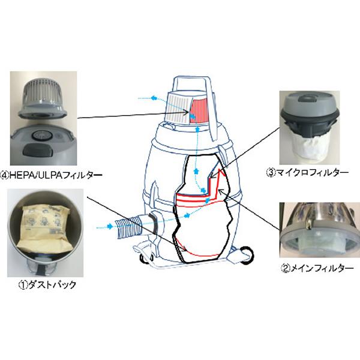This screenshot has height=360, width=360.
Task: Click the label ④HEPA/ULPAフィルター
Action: click(x=53, y=176)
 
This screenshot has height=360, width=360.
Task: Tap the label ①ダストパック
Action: click(x=47, y=285)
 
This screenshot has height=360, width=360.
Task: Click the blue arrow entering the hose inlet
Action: click(x=104, y=227)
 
